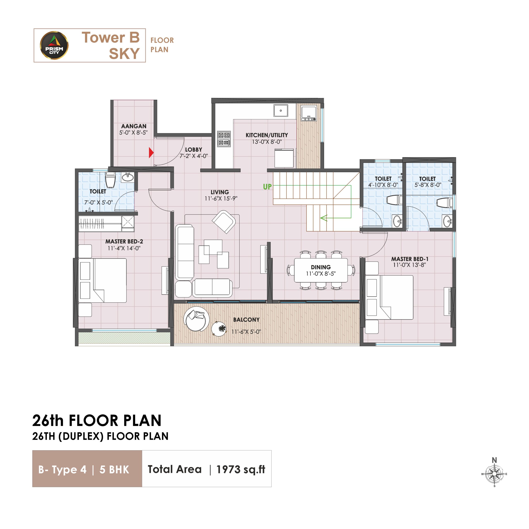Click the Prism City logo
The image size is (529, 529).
(x=54, y=45)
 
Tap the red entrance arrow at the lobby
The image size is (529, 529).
(x=151, y=153)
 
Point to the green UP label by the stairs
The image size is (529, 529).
(x=267, y=187)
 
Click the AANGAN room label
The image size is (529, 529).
(x=134, y=126)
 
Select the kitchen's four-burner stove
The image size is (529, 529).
(x=224, y=139)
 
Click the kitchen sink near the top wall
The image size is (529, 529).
(x=281, y=111)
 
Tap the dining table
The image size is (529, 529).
(x=321, y=270)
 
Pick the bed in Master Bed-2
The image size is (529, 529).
(x=102, y=280)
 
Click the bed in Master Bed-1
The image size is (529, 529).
(x=389, y=297)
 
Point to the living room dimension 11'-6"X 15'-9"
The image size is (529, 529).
(x=221, y=199)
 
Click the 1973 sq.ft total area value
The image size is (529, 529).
(x=241, y=469)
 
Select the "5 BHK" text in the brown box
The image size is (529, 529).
(x=114, y=469)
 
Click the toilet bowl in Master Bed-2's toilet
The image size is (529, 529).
(x=110, y=180)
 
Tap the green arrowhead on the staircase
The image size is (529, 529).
(x=324, y=218)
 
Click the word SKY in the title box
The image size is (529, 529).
(x=124, y=54)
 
